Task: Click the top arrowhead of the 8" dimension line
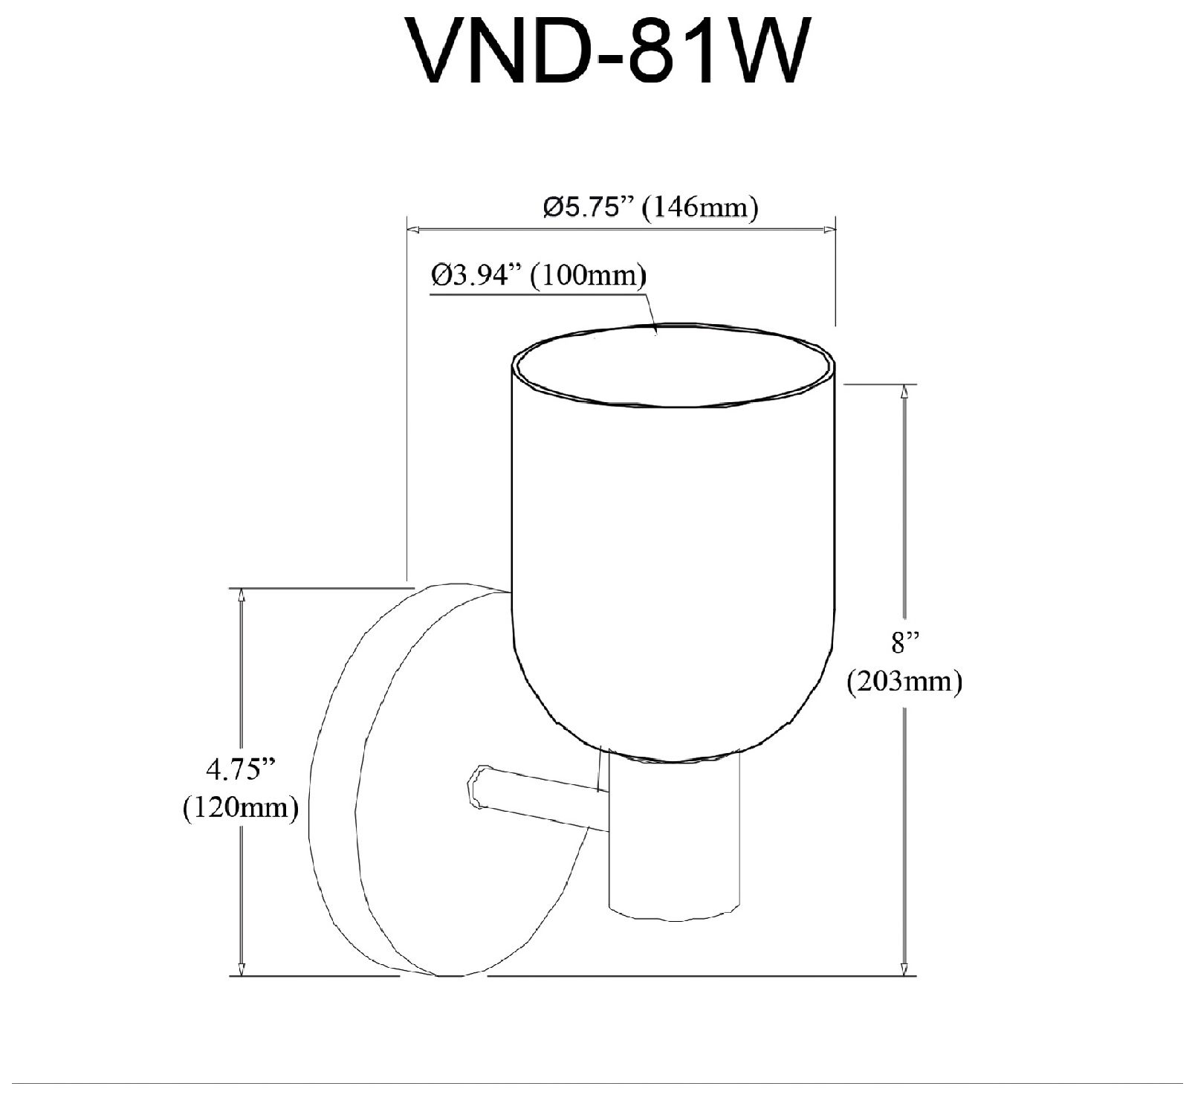(x=904, y=391)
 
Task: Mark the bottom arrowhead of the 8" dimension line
(x=904, y=969)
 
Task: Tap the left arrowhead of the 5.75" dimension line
(x=413, y=228)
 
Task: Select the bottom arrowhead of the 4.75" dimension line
(x=241, y=969)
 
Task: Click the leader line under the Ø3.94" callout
(x=539, y=294)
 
